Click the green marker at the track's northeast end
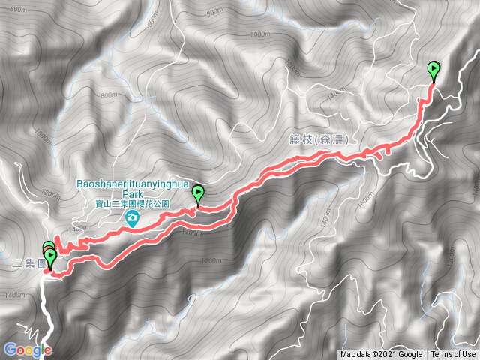pos(434,71)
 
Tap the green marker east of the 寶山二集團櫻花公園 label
pos(198,194)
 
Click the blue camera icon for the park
pos(132,218)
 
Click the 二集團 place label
pos(28,263)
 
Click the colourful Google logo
pos(27,349)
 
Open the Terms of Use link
pos(453,355)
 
